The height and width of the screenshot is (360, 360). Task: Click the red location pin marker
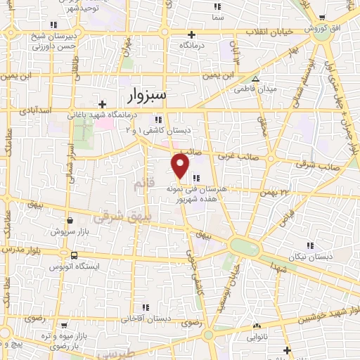pyautogui.click(x=181, y=165)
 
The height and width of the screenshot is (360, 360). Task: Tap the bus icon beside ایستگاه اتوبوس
pyautogui.click(x=74, y=255)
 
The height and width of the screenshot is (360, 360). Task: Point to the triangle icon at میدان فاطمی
pyautogui.click(x=255, y=79)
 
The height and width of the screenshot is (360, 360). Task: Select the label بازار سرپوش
pyautogui.click(x=69, y=231)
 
